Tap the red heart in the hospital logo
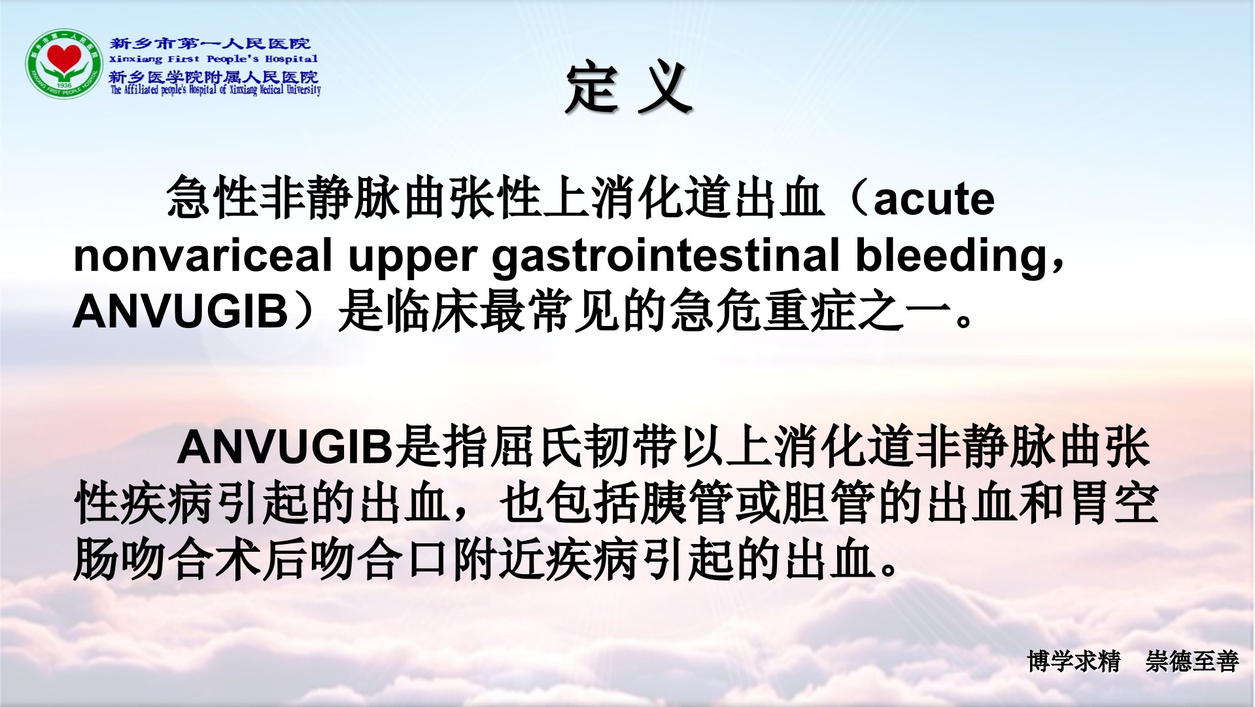tap(63, 59)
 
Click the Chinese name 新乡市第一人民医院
tap(210, 44)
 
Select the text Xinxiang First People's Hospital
tap(213, 59)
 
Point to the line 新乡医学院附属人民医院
tap(213, 76)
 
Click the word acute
tap(934, 198)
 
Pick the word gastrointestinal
tap(666, 257)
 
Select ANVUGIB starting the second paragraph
tap(285, 446)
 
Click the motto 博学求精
tap(1073, 661)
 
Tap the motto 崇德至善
tap(1192, 661)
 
